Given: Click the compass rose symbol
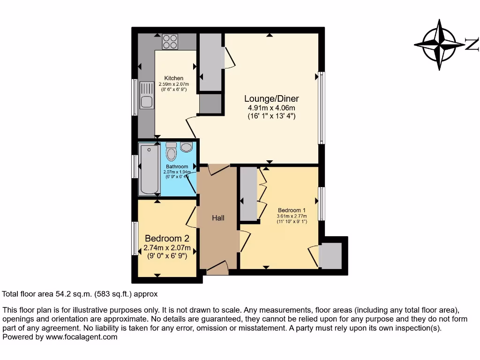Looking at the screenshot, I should click(x=440, y=45).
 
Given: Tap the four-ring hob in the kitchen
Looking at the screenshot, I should click(x=170, y=42).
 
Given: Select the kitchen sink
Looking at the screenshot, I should click(x=146, y=95).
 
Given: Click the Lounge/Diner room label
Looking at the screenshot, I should click(x=271, y=99).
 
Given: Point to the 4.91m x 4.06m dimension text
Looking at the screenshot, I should click(x=271, y=108).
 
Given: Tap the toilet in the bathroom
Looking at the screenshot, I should click(x=171, y=151).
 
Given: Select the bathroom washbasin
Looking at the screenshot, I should click(x=186, y=147).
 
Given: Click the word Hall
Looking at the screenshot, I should click(x=218, y=218).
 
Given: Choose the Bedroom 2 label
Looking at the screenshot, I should click(x=167, y=238).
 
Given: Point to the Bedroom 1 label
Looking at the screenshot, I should click(x=292, y=210).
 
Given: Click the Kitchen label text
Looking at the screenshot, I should click(x=173, y=78).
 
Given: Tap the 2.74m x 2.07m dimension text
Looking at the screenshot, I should click(x=167, y=248).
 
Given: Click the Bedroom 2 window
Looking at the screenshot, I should click(x=135, y=238).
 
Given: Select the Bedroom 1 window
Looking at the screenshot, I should click(x=321, y=204).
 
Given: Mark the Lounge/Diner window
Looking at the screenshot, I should click(x=321, y=108).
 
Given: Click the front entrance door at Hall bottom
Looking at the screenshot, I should click(x=217, y=269).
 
